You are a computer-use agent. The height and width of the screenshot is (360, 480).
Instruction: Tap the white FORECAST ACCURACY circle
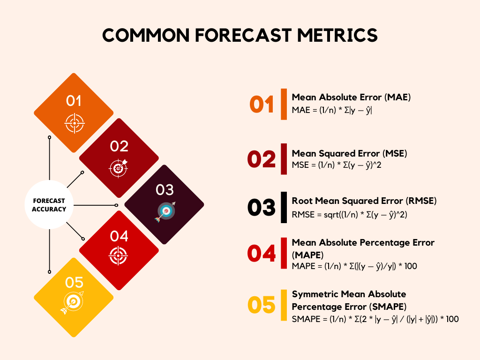point(49,205)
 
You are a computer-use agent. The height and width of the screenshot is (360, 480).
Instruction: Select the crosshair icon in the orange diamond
point(74,123)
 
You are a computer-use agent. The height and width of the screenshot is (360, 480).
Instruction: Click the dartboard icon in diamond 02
point(119,168)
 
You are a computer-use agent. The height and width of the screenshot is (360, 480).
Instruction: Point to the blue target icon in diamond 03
point(164,211)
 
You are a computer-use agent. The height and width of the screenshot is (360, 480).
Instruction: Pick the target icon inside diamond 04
point(119,255)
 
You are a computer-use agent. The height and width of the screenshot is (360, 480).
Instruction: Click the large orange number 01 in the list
point(262,105)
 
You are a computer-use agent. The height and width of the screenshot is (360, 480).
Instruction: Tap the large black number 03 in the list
point(262,208)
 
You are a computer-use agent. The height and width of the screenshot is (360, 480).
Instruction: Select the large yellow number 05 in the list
point(262,306)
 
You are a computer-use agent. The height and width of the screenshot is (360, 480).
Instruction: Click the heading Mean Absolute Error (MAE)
point(351,97)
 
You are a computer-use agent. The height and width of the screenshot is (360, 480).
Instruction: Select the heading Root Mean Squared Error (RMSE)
point(364,201)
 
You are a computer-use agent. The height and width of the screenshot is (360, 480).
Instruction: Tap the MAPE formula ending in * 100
point(354,266)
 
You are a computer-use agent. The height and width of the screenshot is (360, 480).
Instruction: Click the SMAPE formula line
point(375,319)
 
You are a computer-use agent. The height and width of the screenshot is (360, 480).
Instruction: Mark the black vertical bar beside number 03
point(284,207)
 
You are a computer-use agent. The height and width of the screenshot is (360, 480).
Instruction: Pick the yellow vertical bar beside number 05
point(284,305)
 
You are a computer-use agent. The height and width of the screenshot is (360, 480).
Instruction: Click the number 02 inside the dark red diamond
point(119,147)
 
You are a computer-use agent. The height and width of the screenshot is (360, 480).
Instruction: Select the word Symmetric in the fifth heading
point(315,294)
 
